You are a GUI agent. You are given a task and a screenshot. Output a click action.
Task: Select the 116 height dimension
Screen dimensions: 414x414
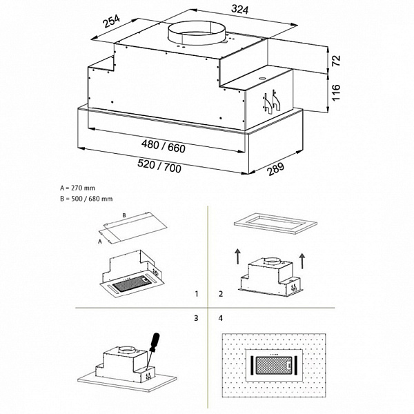click(x=336, y=92)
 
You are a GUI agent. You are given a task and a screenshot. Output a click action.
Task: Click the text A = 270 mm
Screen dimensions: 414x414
click(x=78, y=188)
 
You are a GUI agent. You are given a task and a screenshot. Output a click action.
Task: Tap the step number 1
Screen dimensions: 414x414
click(x=197, y=294)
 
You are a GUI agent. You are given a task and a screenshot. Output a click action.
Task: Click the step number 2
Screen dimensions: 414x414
click(x=220, y=294)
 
